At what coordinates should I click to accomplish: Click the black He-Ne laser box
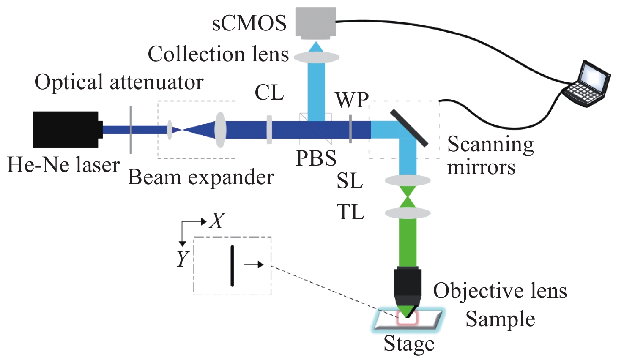66,129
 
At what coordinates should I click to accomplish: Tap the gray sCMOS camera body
316,22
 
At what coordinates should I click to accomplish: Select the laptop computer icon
587,85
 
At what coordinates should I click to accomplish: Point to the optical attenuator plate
131,130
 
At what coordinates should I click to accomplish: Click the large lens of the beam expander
220,129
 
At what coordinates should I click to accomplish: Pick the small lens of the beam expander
170,130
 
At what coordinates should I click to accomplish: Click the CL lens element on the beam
269,130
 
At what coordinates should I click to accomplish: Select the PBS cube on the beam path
315,129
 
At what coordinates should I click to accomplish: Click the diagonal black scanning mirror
409,128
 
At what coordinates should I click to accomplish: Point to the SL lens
407,180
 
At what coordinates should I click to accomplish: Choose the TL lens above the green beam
407,213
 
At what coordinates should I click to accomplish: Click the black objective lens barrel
408,283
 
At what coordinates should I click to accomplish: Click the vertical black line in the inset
232,266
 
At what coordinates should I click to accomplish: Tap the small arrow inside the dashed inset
254,265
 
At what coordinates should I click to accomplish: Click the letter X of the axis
217,221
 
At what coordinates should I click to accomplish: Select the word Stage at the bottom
409,344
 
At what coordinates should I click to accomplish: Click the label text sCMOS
249,23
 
